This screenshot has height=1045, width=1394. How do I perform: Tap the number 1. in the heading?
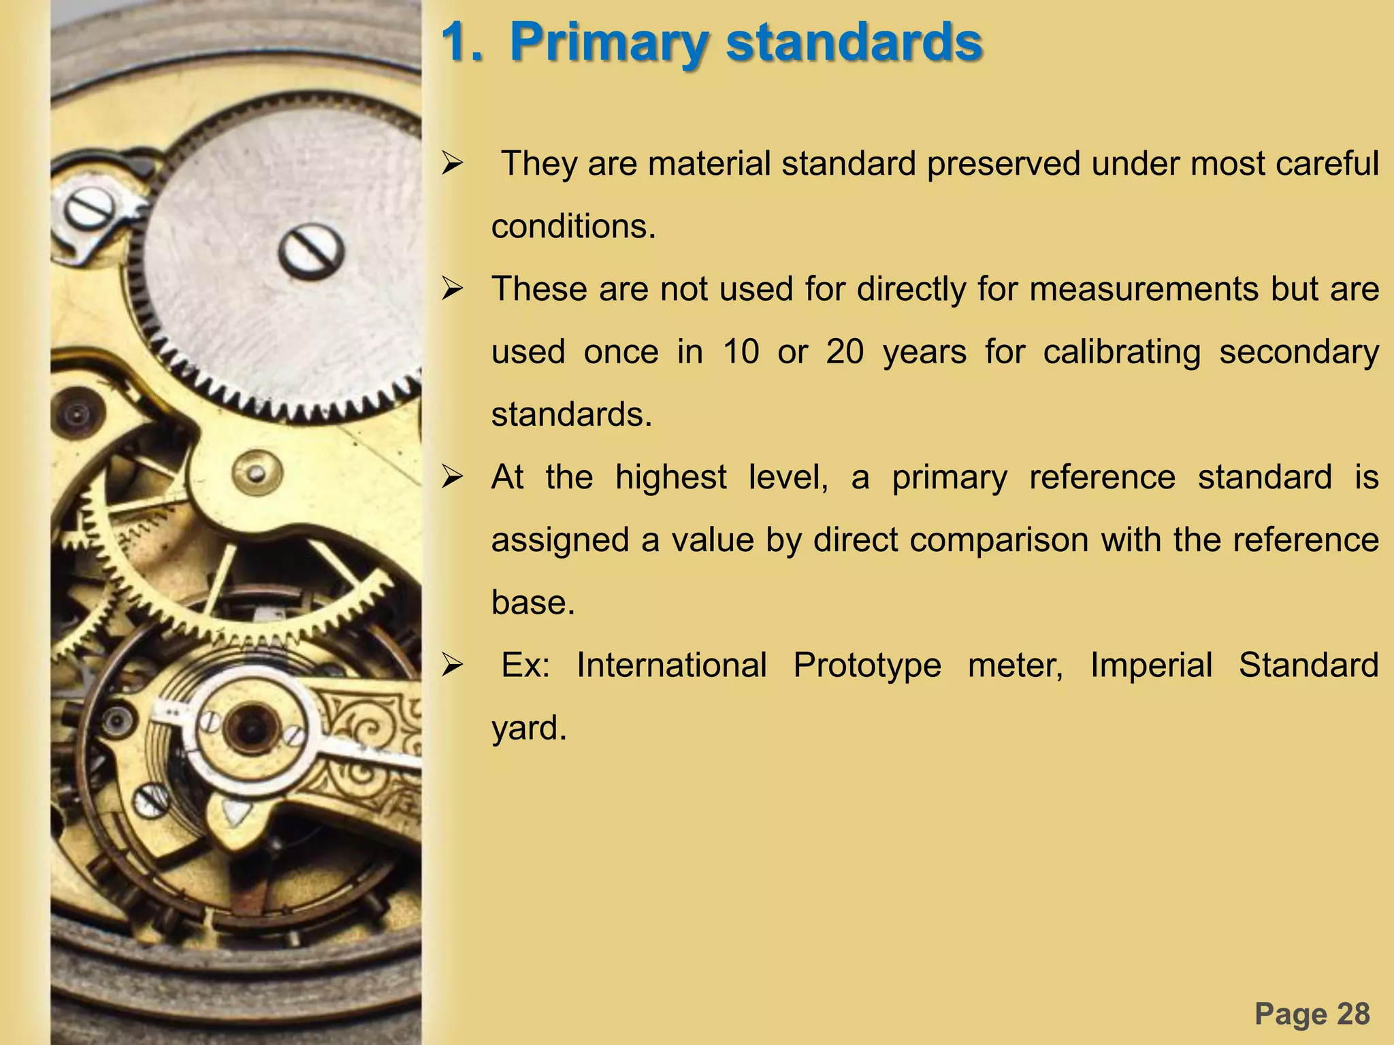pyautogui.click(x=463, y=43)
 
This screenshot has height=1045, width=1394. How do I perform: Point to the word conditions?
pyautogui.click(x=573, y=227)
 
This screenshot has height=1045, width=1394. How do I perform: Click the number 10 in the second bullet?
pyautogui.click(x=741, y=352)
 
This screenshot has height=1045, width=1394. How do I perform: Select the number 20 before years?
pyautogui.click(x=845, y=352)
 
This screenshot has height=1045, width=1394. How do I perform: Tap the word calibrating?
pyautogui.click(x=1122, y=352)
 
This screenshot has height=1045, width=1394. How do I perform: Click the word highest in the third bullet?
pyautogui.click(x=670, y=477)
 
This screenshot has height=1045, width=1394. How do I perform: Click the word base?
pyautogui.click(x=533, y=602)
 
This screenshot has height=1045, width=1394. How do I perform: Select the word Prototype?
pyautogui.click(x=867, y=665)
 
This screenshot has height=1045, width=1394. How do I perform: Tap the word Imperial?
pyautogui.click(x=1151, y=665)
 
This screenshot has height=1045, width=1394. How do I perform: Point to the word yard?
pyautogui.click(x=529, y=728)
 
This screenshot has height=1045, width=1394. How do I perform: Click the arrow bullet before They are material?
pyautogui.click(x=452, y=164)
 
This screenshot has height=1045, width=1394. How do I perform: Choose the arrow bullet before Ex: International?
pyautogui.click(x=452, y=665)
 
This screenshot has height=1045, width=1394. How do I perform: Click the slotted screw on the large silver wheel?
pyautogui.click(x=310, y=249)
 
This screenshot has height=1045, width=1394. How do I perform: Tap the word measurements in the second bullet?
pyautogui.click(x=1144, y=289)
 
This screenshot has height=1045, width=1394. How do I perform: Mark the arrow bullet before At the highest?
pyautogui.click(x=452, y=477)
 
